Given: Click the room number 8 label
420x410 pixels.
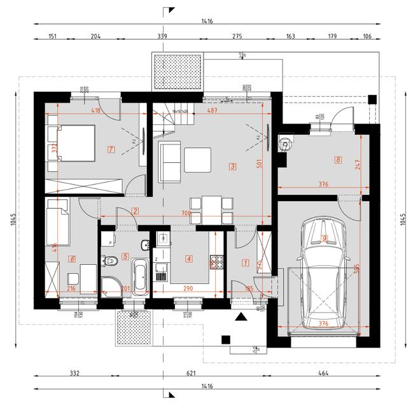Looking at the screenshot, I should click(337, 160).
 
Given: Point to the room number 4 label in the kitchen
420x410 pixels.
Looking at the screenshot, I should click(188, 258).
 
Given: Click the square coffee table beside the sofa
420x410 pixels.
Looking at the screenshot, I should click(198, 159).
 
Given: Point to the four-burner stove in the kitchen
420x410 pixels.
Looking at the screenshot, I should click(217, 261).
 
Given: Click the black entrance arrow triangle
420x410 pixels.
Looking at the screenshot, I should click(241, 316).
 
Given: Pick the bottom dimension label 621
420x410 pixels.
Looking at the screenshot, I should click(190, 374).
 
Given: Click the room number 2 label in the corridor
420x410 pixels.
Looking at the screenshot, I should click(135, 211).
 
